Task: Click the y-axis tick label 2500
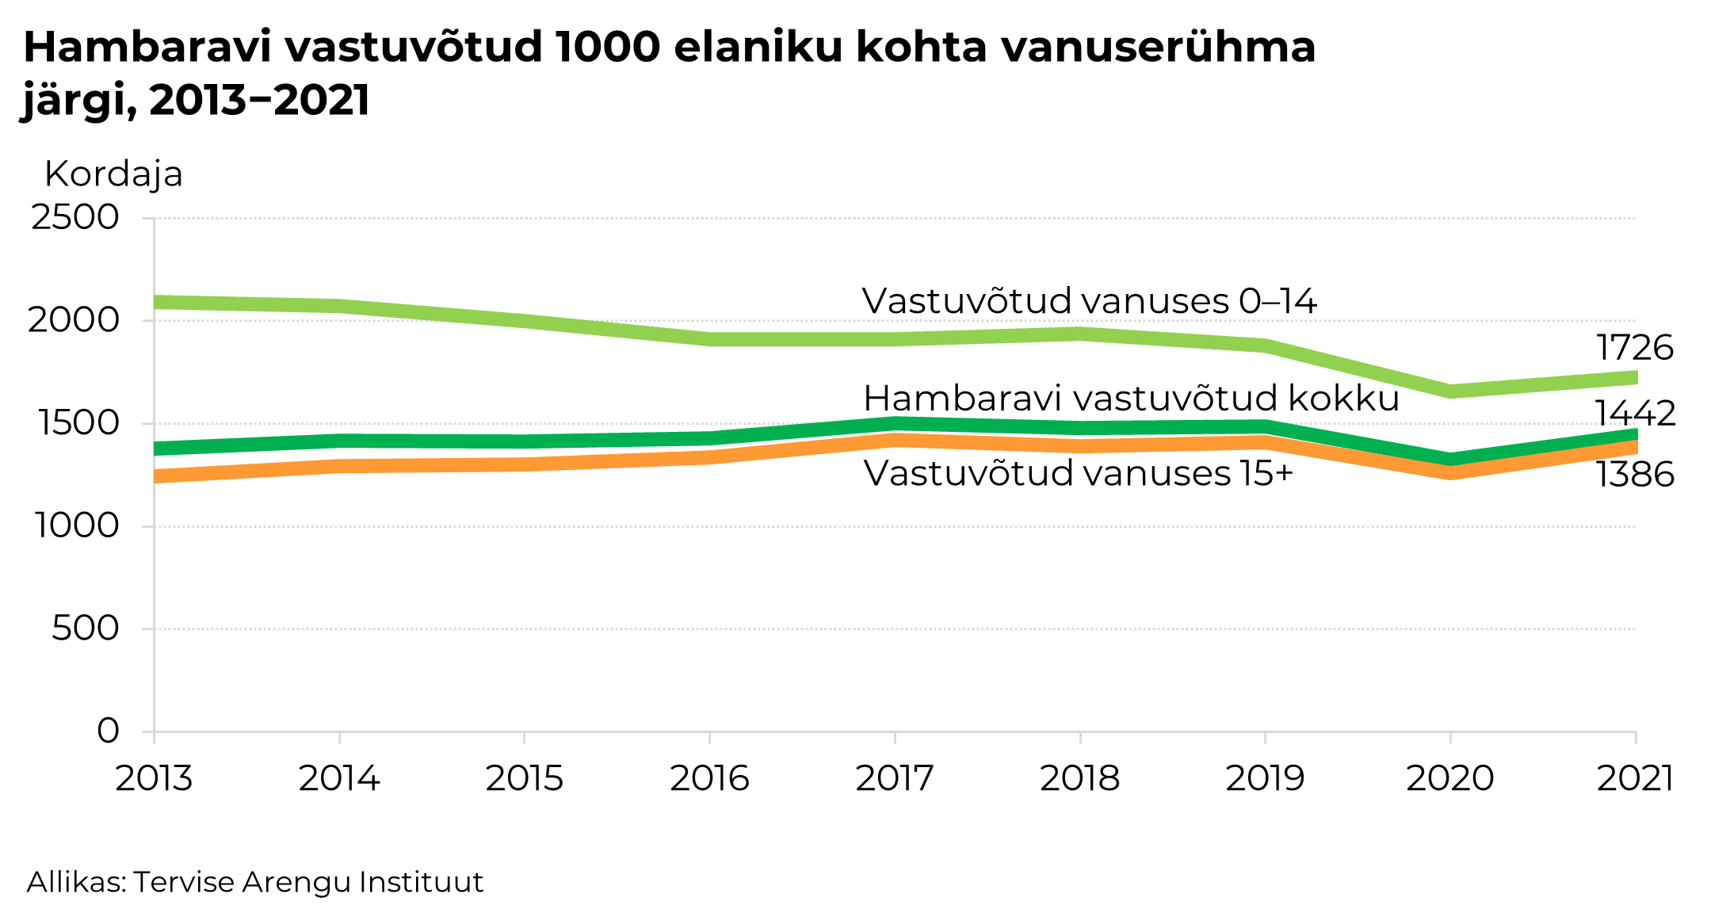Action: (x=75, y=217)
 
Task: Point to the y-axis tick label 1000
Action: (x=77, y=525)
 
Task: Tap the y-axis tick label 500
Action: (x=86, y=628)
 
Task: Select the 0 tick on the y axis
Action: (x=109, y=731)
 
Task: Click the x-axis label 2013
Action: (x=154, y=778)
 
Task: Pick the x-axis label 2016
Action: (x=709, y=778)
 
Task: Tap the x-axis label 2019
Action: (x=1265, y=778)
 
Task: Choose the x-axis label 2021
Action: (x=1635, y=778)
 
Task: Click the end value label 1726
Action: (x=1634, y=348)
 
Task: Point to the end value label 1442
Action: (x=1635, y=414)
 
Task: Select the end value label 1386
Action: (x=1634, y=475)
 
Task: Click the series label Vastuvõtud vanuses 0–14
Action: (x=1089, y=301)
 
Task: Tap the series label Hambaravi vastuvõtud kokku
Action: (x=1131, y=399)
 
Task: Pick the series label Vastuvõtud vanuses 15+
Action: (x=1078, y=474)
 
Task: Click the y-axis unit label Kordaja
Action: (x=113, y=174)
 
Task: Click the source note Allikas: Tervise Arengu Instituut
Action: (x=255, y=881)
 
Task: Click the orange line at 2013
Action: (x=156, y=475)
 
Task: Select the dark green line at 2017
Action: (x=895, y=424)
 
